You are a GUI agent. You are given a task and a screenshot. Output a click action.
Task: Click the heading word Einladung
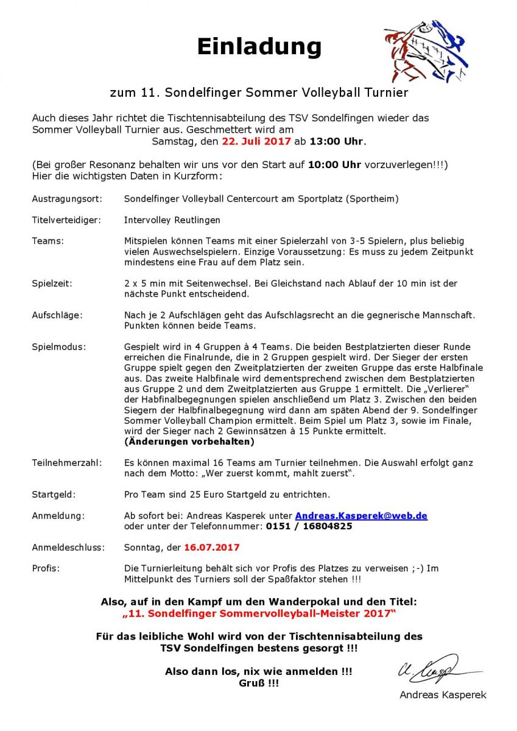tap(259, 46)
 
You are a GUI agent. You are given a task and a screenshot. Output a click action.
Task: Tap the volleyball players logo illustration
tap(426, 51)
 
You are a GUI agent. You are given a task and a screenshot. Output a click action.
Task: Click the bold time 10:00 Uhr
tap(334, 165)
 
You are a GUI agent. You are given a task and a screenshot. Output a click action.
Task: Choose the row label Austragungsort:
tap(67, 199)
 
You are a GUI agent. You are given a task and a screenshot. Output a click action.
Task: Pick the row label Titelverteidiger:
tap(66, 220)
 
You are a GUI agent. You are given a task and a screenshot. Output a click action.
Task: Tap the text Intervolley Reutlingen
tap(172, 220)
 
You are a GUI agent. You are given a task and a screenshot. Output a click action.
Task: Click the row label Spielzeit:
tap(53, 283)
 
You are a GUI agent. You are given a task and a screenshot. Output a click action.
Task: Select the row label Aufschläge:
tap(57, 315)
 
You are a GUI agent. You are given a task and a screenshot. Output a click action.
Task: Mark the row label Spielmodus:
tap(59, 347)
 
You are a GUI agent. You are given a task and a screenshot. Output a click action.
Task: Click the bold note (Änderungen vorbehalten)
tap(189, 442)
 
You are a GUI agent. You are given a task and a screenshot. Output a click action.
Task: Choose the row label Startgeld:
tap(54, 495)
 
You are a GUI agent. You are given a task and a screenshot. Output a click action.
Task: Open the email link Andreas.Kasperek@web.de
tap(361, 516)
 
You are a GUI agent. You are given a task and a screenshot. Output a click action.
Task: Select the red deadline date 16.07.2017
tap(212, 548)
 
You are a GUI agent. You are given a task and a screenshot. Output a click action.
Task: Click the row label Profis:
tap(46, 568)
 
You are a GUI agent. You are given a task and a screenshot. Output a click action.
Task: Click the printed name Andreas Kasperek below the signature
tap(443, 695)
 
